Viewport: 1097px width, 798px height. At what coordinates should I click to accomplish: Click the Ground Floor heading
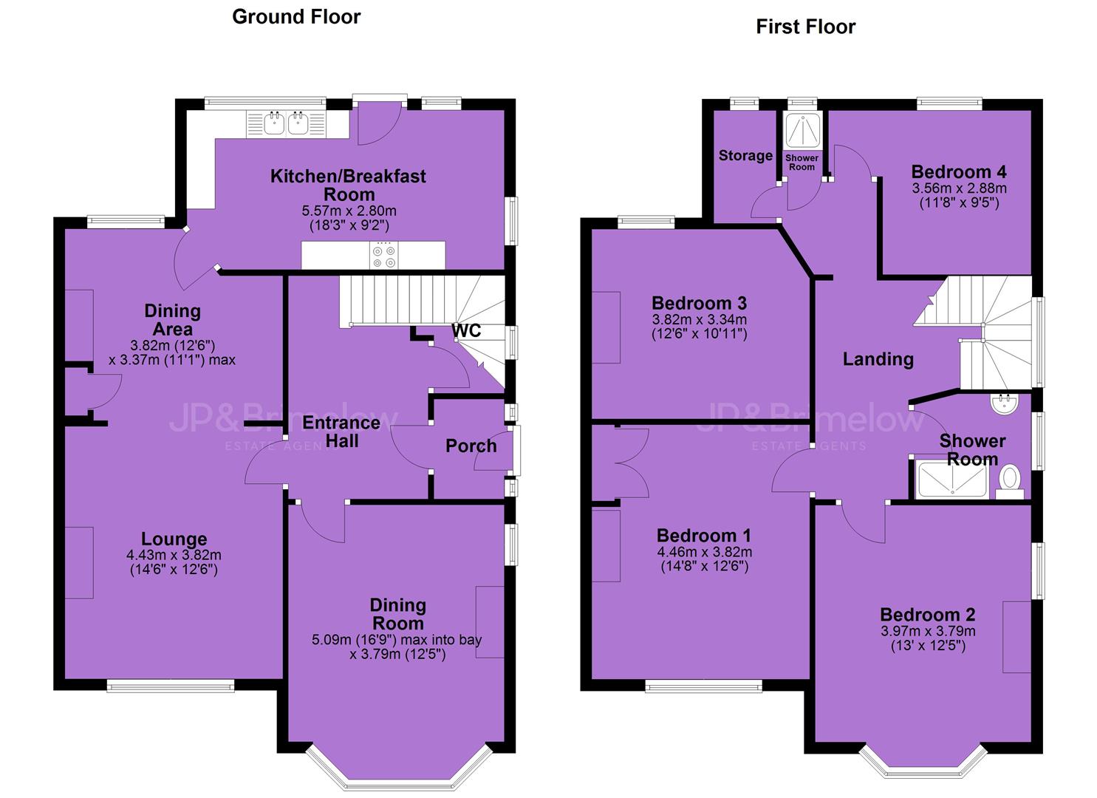[296, 17]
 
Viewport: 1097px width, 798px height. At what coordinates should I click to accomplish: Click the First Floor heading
[806, 27]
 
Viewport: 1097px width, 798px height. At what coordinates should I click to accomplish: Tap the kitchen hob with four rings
[384, 256]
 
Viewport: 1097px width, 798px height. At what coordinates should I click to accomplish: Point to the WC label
[466, 331]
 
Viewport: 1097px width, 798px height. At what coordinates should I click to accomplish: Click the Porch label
[471, 446]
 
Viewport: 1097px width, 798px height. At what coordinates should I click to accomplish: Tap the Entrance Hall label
[341, 432]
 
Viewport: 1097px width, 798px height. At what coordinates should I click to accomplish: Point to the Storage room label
[745, 156]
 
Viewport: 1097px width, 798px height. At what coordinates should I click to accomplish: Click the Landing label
[878, 360]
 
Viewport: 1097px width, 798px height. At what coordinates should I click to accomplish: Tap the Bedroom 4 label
[959, 172]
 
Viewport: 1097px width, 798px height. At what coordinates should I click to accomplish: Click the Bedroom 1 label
[704, 536]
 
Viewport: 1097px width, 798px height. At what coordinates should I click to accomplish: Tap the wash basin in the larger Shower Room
[1005, 403]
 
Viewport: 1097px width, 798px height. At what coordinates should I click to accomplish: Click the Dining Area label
[172, 320]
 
